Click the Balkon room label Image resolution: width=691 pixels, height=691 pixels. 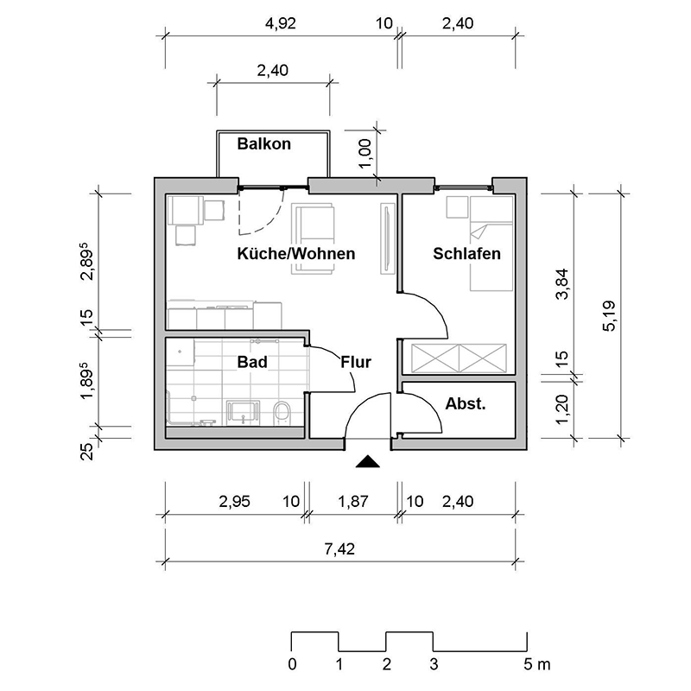(264, 144)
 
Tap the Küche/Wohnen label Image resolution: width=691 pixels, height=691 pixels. (296, 254)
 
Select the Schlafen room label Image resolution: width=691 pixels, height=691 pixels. (467, 254)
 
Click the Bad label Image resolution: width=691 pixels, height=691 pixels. (251, 363)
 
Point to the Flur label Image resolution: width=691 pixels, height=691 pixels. (356, 363)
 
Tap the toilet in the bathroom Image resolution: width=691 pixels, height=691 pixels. (281, 412)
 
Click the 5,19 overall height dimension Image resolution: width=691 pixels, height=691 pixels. (610, 315)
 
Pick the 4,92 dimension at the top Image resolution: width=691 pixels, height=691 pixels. (279, 24)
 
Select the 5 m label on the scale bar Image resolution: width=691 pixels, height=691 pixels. (536, 665)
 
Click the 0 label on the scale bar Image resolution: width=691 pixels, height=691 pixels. (292, 665)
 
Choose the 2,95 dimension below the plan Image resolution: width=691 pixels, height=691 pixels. (234, 502)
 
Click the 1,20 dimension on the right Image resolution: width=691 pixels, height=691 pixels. (563, 408)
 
